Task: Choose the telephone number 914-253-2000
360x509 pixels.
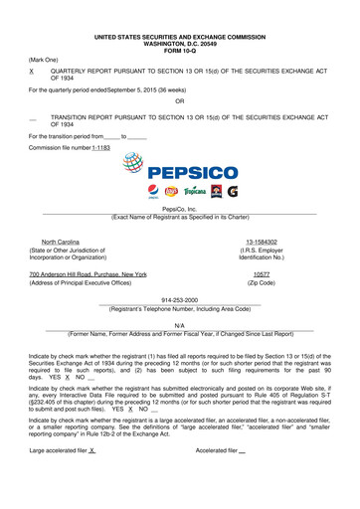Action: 179,299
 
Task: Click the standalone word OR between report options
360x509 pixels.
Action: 179,102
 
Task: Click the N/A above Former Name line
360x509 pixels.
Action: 179,325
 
